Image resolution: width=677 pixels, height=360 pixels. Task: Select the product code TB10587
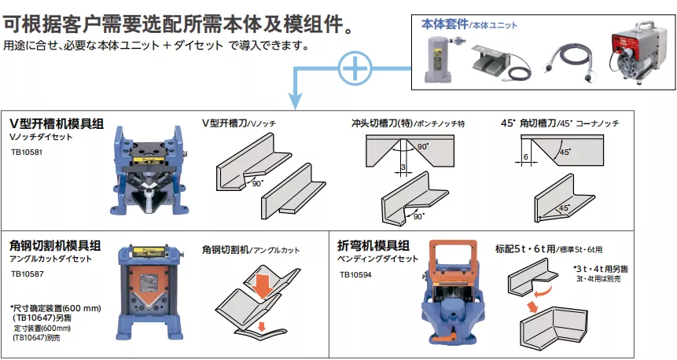pos(26,275)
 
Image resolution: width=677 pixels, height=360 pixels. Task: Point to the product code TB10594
pos(356,275)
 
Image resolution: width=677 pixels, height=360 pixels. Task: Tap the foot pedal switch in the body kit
pos(493,61)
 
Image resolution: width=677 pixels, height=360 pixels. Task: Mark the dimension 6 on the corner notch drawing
pos(524,156)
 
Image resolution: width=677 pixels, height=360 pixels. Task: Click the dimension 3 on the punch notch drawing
pos(402,167)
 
